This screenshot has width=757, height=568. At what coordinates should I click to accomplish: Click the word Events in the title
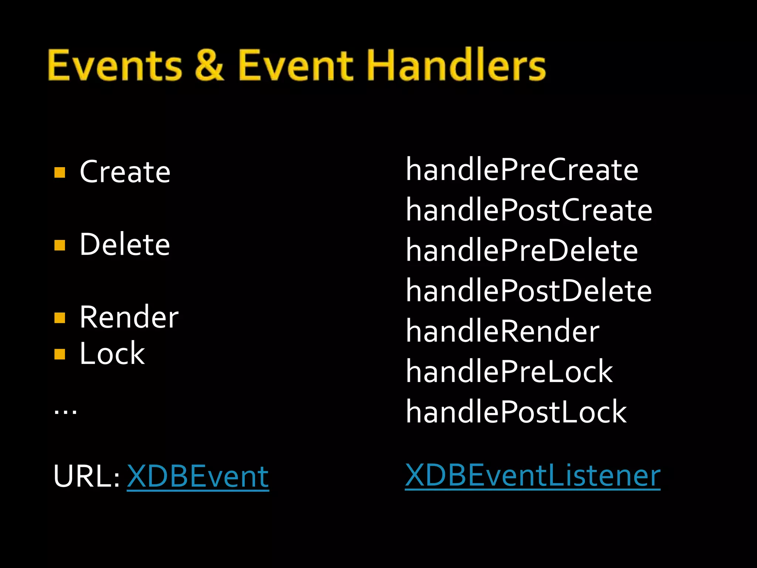click(115, 65)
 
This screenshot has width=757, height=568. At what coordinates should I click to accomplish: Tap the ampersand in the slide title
click(209, 65)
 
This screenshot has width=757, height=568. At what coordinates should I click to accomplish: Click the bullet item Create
click(125, 172)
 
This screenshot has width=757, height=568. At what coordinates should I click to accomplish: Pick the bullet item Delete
click(125, 244)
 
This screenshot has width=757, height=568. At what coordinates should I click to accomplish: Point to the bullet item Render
click(129, 317)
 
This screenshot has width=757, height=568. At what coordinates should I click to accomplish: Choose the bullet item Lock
click(112, 354)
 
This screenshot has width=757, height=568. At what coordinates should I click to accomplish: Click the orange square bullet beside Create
click(60, 172)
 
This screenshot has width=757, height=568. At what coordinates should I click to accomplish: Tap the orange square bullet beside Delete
click(60, 245)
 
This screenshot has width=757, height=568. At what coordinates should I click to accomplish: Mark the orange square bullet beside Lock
click(60, 354)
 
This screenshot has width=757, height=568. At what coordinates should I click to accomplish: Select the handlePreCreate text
click(522, 170)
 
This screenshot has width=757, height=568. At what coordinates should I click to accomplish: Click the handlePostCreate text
click(529, 210)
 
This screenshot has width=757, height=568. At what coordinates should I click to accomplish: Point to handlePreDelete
click(522, 250)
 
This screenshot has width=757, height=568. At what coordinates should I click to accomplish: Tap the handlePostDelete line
click(529, 291)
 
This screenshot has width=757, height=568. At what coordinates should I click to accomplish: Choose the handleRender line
click(502, 331)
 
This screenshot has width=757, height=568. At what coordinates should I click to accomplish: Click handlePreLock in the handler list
click(509, 371)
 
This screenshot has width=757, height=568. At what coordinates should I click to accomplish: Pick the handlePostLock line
click(516, 412)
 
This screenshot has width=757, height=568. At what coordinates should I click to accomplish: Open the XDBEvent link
click(198, 477)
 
